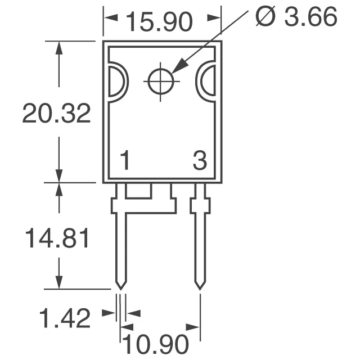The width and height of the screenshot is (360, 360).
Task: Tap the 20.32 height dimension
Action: click(56, 114)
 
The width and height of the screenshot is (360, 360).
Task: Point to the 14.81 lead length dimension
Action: click(56, 239)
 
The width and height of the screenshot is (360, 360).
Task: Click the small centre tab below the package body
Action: click(138, 191)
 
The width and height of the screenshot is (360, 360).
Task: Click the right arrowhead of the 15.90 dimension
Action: click(214, 19)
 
